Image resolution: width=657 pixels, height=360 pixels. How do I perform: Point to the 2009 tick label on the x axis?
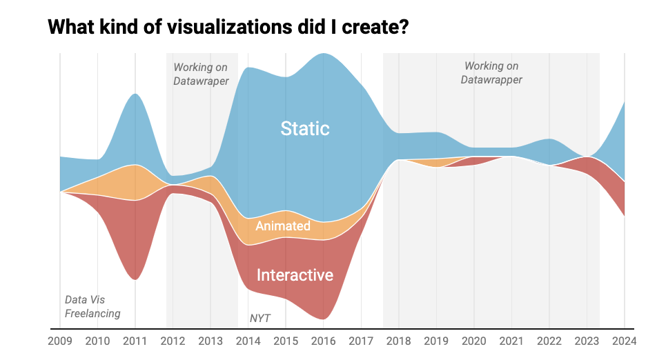point(59,341)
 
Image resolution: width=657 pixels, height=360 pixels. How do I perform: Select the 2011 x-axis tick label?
point(135,341)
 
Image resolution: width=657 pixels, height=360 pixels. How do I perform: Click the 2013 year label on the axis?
point(210,341)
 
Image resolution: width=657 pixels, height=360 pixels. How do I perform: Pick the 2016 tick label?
point(323,341)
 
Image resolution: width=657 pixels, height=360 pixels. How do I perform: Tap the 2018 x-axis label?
point(398,341)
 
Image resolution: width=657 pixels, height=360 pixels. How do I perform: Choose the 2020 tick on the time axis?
point(473,341)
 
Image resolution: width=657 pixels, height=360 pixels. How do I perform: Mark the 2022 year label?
point(549,341)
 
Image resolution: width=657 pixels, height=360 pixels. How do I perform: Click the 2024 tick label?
point(624,341)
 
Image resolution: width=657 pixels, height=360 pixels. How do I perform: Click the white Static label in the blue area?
point(305,128)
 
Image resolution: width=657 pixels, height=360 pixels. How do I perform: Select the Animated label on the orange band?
point(283,226)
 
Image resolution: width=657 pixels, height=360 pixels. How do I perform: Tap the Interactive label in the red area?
point(295,275)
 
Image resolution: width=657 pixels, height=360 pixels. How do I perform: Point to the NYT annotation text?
point(259,319)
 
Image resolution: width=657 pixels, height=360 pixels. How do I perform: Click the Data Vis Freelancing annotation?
point(92,307)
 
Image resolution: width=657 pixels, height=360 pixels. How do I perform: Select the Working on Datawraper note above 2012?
point(201,74)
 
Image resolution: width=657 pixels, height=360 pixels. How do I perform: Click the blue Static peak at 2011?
point(135,95)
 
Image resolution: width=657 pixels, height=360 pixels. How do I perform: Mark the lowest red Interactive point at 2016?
point(322,318)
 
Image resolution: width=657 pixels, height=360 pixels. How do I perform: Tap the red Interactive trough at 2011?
point(135,278)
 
